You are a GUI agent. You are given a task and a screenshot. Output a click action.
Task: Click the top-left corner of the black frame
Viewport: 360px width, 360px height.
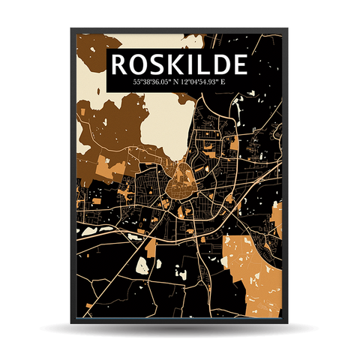click(73, 30)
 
